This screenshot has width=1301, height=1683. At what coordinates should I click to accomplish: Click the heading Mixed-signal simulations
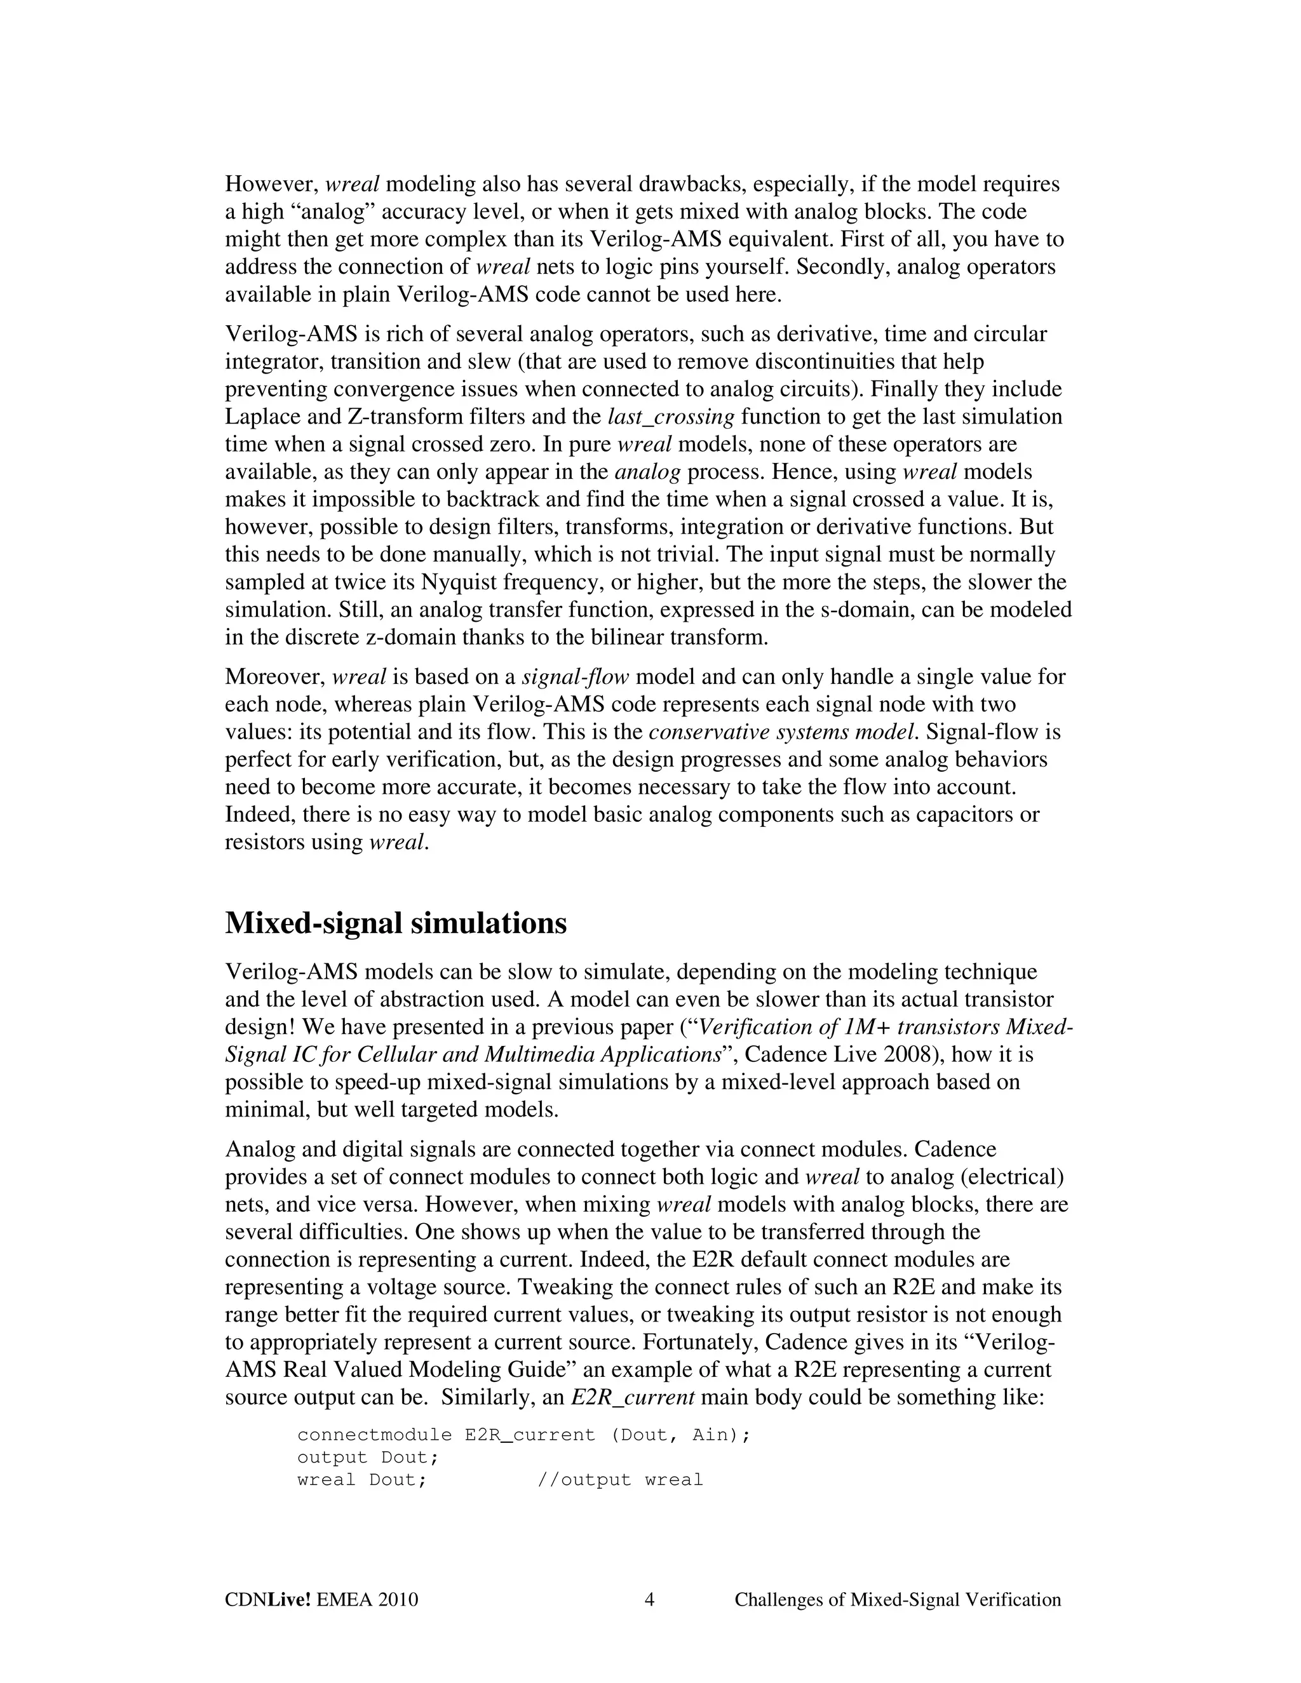[395, 923]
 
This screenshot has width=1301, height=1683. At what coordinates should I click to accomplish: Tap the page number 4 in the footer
[649, 1600]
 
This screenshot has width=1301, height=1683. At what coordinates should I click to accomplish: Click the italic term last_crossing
[671, 417]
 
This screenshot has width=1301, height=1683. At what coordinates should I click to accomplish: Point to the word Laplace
[262, 417]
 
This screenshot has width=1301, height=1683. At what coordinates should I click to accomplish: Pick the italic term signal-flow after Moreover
[575, 678]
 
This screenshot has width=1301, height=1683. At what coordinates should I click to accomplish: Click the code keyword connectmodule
[375, 1435]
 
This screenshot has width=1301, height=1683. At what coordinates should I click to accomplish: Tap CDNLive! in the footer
[267, 1600]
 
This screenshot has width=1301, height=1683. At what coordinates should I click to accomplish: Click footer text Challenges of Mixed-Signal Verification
[897, 1600]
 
